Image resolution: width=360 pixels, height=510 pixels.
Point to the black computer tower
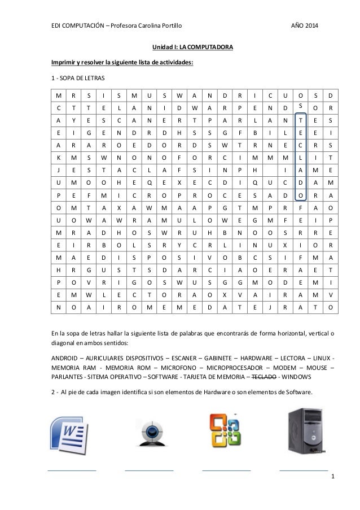(x=304, y=434)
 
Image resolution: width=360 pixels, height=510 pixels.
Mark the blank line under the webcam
(x=149, y=470)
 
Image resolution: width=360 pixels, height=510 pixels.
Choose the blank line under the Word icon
(x=72, y=470)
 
